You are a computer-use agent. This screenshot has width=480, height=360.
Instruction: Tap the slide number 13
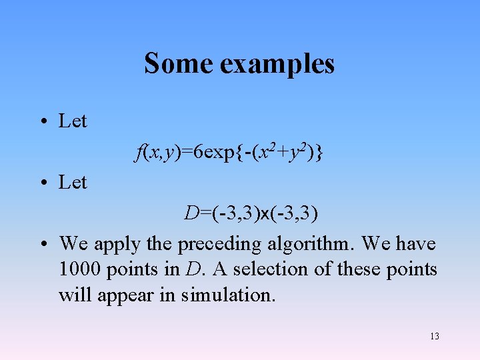click(435, 336)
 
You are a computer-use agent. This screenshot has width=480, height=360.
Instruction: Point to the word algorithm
click(309, 245)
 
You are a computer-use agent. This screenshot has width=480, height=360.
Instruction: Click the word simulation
click(227, 295)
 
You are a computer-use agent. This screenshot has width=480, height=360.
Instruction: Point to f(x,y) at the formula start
click(157, 153)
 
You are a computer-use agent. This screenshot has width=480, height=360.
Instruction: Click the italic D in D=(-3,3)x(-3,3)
click(192, 213)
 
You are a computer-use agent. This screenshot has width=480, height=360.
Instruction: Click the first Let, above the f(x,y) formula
click(73, 121)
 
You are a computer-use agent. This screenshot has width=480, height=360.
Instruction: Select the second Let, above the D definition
click(73, 182)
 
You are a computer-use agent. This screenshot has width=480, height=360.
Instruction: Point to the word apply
click(118, 245)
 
